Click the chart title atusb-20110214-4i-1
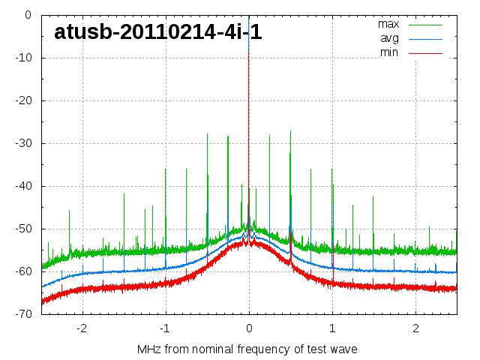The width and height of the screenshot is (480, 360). point(157,31)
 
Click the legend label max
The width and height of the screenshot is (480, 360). point(388,24)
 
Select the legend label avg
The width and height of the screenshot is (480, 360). point(389,38)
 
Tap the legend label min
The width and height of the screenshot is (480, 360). point(389,52)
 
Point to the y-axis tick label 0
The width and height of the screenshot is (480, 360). point(27,15)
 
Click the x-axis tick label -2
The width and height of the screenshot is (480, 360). point(81,328)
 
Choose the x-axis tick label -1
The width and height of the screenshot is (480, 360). point(164,328)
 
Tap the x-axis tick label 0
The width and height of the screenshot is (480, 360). point(249,328)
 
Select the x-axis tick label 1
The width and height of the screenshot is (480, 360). point(332,328)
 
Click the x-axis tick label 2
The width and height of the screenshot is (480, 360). point(415,328)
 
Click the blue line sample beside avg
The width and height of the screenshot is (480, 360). point(426,39)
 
